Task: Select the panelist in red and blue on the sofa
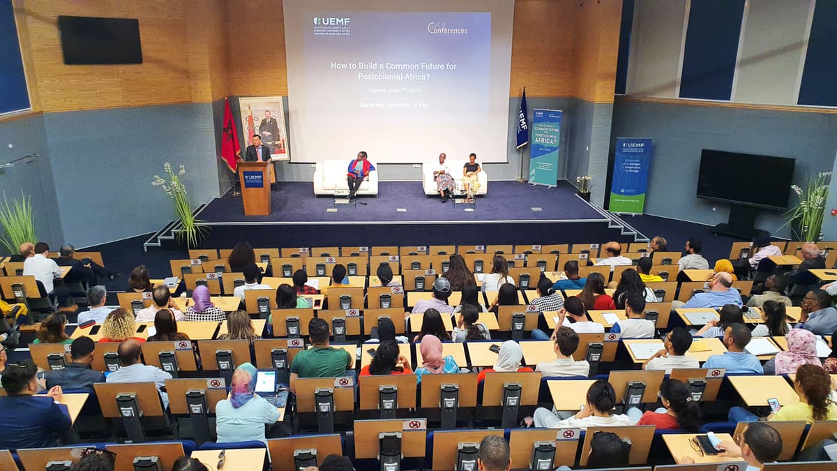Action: [359, 170]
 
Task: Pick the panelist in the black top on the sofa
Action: [472, 170]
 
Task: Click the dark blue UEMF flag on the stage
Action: [522, 120]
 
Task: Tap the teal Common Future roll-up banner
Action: [545, 147]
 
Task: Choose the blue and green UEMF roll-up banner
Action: [630, 175]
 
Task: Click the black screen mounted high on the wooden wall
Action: [100, 40]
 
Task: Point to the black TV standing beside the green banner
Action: [745, 180]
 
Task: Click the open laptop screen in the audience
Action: [266, 381]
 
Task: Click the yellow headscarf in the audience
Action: [724, 266]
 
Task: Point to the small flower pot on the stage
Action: [583, 185]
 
